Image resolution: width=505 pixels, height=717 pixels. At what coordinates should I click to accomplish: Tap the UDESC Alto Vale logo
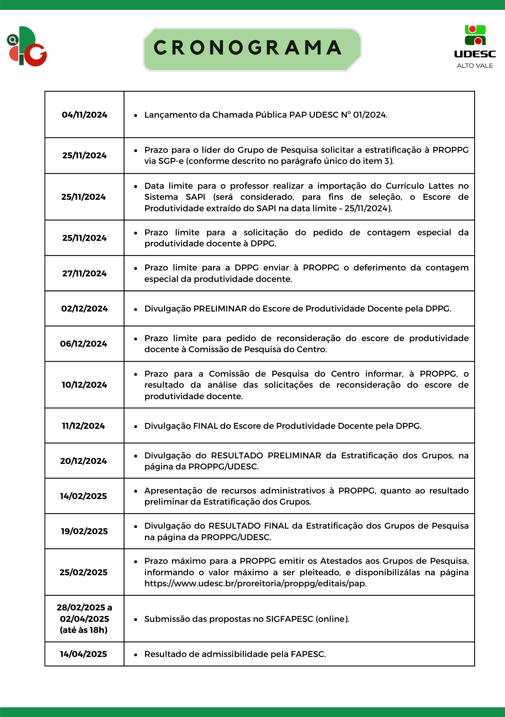tap(475, 47)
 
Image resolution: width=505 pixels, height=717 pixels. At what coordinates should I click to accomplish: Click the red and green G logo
tap(27, 47)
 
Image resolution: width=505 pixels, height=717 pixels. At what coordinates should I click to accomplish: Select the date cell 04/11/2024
tap(84, 115)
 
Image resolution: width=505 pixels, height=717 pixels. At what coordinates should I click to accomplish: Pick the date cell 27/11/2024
tap(84, 274)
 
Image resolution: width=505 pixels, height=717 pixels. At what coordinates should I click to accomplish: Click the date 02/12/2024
tap(84, 309)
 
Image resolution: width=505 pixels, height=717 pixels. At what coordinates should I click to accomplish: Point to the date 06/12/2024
tap(84, 344)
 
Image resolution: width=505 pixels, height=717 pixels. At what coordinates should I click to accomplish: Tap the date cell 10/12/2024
tap(84, 385)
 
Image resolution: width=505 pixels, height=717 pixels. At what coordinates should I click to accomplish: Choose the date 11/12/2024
tap(84, 426)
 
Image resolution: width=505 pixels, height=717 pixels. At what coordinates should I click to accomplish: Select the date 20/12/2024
tap(84, 461)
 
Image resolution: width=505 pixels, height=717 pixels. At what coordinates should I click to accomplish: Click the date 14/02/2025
tap(84, 496)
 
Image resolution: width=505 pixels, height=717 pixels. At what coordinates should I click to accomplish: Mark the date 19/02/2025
tap(84, 531)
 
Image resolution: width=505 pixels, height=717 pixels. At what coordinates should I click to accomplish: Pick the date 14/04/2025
tap(84, 654)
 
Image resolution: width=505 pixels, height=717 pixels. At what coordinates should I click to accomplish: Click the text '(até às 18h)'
tap(84, 630)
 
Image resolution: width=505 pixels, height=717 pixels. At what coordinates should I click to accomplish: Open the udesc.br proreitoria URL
tap(255, 584)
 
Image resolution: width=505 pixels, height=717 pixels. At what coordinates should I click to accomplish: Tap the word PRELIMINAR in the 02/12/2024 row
tap(220, 309)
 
